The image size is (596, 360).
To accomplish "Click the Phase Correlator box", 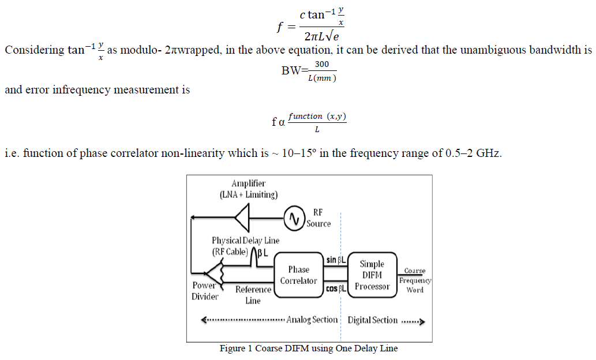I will coord(298,275).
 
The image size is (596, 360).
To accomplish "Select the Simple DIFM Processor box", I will coord(372,275).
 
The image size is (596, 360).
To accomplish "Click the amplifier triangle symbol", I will coord(245,217).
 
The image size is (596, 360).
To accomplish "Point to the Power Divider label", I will coord(205,291).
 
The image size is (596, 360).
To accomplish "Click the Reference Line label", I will coord(253,295).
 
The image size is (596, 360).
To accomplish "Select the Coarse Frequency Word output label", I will coord(415,280).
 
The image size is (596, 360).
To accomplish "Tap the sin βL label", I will coord(335,260).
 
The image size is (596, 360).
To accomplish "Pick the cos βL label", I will coord(335,288).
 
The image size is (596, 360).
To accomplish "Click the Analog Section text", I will coord(312,320).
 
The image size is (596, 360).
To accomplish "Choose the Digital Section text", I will coord(372,320).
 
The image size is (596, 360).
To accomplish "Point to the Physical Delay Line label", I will coord(245,241).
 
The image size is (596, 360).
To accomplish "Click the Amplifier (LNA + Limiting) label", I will coord(248,189).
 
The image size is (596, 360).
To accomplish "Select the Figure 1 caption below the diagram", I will coord(309,348).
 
